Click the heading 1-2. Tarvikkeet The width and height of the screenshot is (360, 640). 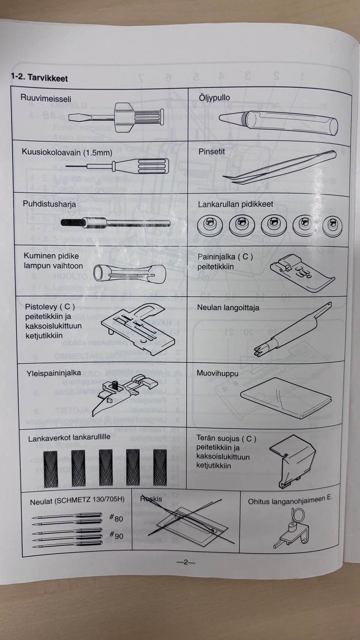[39, 78]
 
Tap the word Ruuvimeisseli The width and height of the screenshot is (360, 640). [46, 99]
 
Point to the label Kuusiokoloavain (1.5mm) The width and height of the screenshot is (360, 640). [67, 152]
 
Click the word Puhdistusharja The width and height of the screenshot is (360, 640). [49, 204]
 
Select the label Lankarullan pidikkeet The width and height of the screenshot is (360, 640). [235, 204]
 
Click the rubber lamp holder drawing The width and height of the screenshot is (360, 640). [129, 272]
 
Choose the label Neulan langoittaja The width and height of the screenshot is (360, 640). [228, 308]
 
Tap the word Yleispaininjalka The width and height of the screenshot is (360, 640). [54, 373]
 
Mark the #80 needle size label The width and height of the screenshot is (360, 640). [116, 518]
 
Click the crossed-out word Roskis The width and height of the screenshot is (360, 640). [151, 499]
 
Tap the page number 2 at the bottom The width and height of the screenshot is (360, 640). [186, 562]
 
